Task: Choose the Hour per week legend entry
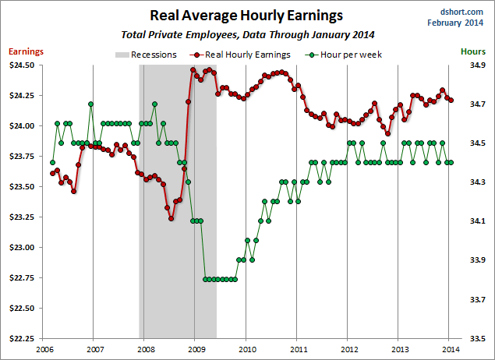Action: coord(342,55)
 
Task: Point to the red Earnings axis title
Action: coord(26,51)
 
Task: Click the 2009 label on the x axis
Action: coord(195,349)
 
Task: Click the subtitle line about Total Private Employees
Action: coord(247,35)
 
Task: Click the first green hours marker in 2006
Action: coord(52,162)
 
